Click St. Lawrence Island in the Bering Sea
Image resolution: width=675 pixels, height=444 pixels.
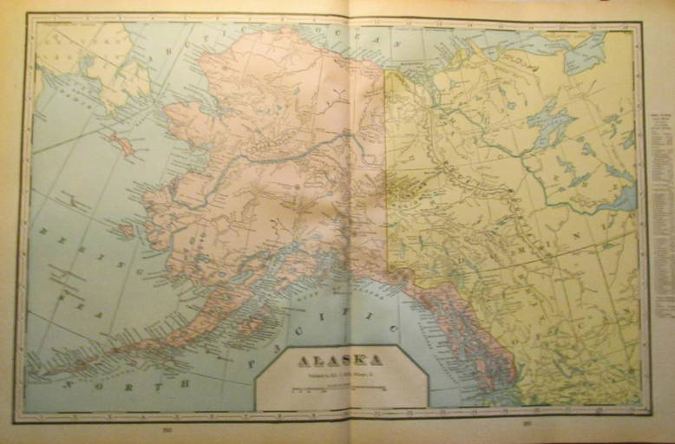click(122, 144)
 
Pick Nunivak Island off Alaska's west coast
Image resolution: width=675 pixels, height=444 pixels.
click(126, 231)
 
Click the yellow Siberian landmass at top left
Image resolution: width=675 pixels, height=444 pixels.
click(95, 61)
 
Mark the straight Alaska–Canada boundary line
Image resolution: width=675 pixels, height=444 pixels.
click(386, 173)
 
